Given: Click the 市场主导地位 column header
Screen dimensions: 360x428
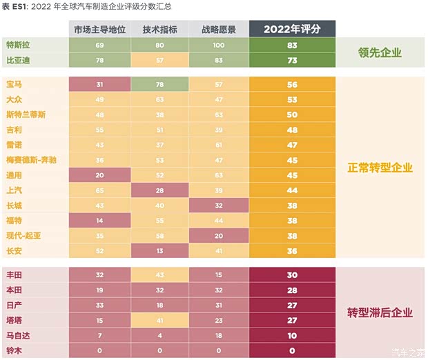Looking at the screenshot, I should pos(99,30).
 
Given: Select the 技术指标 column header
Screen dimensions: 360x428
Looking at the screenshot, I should pos(159,30).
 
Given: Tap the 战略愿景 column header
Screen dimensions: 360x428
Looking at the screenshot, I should pos(219,30).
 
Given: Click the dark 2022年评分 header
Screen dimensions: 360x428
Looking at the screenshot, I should pos(293,29).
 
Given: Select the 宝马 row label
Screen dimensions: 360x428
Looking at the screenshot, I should pos(14,84).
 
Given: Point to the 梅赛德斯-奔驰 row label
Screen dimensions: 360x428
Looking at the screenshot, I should pos(33,159).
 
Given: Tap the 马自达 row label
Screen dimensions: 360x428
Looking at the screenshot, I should pos(18,336).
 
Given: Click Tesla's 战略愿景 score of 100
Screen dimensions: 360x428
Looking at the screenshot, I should pos(219,45).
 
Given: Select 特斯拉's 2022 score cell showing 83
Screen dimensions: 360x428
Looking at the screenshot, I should pos(293,45).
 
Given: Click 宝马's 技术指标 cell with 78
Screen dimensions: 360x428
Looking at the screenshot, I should pos(159,84).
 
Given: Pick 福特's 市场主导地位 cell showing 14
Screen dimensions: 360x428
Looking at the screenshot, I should pos(99,220).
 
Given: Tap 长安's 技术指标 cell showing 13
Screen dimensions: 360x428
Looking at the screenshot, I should pos(159,250).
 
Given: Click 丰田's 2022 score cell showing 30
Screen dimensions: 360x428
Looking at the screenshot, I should pos(293,275).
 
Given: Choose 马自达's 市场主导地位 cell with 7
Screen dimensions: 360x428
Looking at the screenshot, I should pos(99,336).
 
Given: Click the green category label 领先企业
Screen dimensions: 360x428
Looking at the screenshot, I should pos(380,52).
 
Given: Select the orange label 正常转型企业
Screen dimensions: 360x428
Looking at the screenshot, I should pos(380,167).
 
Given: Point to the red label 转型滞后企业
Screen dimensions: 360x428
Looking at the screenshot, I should pos(380,312).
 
